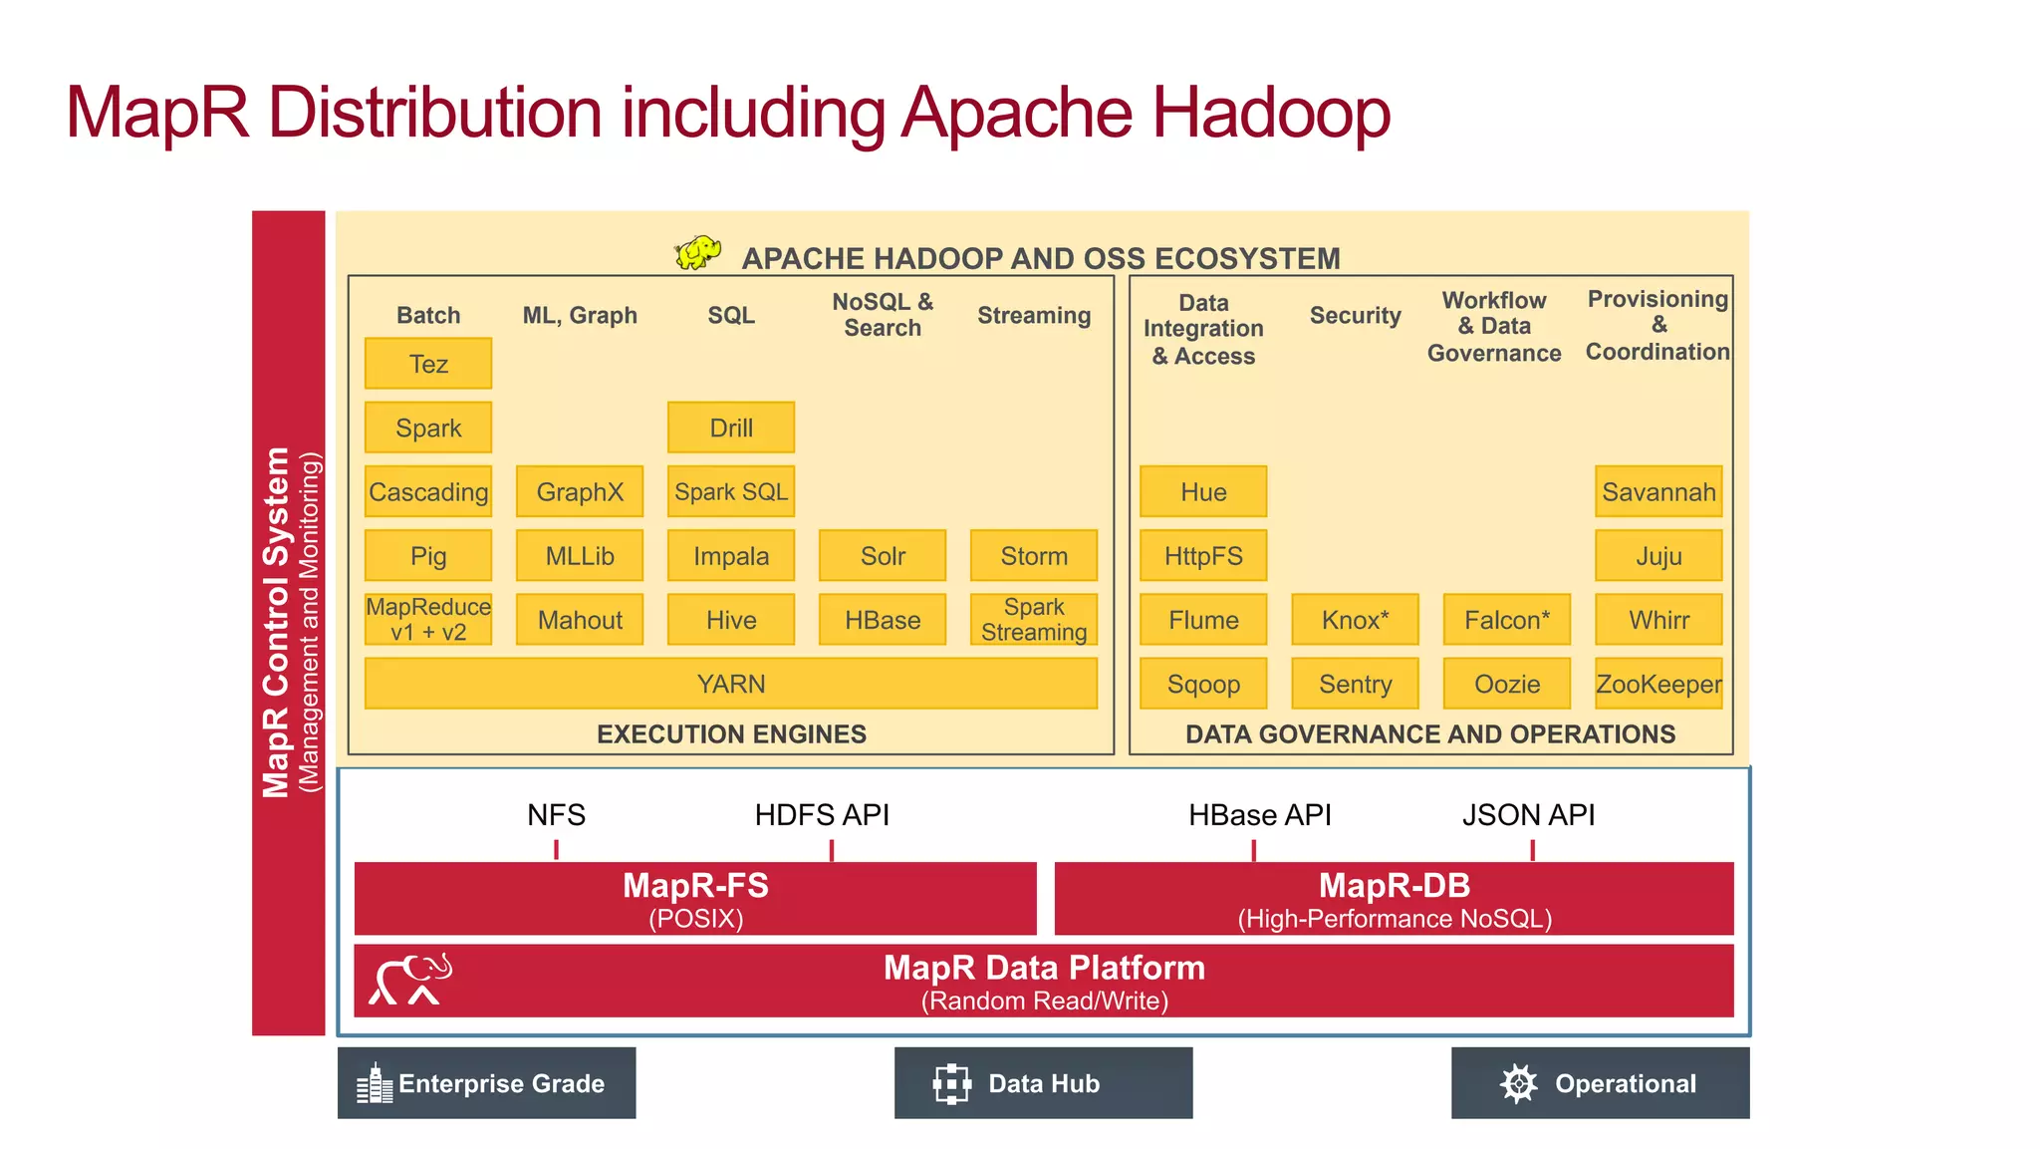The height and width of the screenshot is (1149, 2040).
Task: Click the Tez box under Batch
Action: (x=428, y=364)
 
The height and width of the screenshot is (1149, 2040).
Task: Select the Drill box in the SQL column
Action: (x=731, y=428)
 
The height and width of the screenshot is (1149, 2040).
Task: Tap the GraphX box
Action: (x=580, y=491)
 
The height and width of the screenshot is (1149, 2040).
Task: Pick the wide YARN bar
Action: (x=731, y=684)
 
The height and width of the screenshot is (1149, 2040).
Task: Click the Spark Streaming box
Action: (x=1034, y=619)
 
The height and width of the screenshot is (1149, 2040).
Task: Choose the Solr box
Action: (x=883, y=555)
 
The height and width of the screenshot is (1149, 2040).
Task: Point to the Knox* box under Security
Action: (x=1355, y=619)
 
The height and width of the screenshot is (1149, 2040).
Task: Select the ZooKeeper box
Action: (x=1658, y=684)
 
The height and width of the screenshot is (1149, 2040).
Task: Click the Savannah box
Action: (x=1658, y=491)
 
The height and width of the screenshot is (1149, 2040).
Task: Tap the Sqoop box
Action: (x=1203, y=684)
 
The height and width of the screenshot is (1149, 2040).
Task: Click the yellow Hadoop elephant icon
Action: (x=698, y=252)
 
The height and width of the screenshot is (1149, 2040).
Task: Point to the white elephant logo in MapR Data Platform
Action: (x=410, y=980)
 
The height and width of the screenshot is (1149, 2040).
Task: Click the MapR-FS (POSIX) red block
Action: (x=695, y=899)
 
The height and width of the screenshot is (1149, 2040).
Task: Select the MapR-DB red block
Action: (x=1394, y=899)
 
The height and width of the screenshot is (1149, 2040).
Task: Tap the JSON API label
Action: (x=1528, y=815)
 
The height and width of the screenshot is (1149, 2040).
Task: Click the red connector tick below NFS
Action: (x=556, y=849)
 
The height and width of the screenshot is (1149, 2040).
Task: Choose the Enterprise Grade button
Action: (x=486, y=1083)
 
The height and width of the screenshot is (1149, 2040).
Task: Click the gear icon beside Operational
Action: (x=1518, y=1083)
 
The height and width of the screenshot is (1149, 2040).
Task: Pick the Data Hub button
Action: (x=1043, y=1083)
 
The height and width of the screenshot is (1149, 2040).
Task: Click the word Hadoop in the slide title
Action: (x=1271, y=113)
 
